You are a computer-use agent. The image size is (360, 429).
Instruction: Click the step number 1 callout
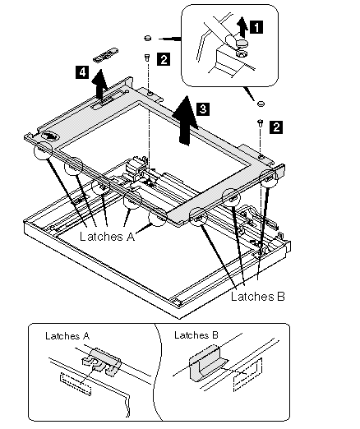(x=256, y=27)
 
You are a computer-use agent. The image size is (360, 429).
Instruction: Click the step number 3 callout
(x=203, y=108)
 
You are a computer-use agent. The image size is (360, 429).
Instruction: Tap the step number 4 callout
(x=82, y=72)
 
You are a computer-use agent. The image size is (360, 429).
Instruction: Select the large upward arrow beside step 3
(x=185, y=121)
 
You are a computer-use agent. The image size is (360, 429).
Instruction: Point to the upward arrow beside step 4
(x=99, y=84)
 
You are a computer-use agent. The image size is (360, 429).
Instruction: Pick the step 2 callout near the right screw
(x=276, y=127)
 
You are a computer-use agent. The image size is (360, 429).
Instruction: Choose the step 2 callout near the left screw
(x=164, y=59)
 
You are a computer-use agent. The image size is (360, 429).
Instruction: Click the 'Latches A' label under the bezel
(x=108, y=237)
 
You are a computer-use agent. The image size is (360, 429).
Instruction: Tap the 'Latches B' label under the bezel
(x=258, y=296)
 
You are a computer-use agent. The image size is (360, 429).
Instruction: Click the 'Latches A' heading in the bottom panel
(x=67, y=336)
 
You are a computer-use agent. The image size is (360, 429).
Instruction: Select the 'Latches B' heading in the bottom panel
(x=196, y=334)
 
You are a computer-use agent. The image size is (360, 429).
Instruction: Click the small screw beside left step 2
(x=147, y=58)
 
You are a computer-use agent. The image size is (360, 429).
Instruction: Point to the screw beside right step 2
(x=261, y=123)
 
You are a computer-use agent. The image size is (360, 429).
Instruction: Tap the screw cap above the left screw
(x=148, y=38)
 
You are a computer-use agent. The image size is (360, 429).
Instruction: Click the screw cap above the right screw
(x=261, y=104)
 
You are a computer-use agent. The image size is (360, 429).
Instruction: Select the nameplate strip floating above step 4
(x=106, y=55)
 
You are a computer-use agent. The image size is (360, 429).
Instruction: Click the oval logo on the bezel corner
(x=49, y=136)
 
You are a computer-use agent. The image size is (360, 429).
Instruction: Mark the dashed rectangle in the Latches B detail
(x=247, y=375)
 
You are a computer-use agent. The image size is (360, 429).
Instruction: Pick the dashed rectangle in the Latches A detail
(x=76, y=384)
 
